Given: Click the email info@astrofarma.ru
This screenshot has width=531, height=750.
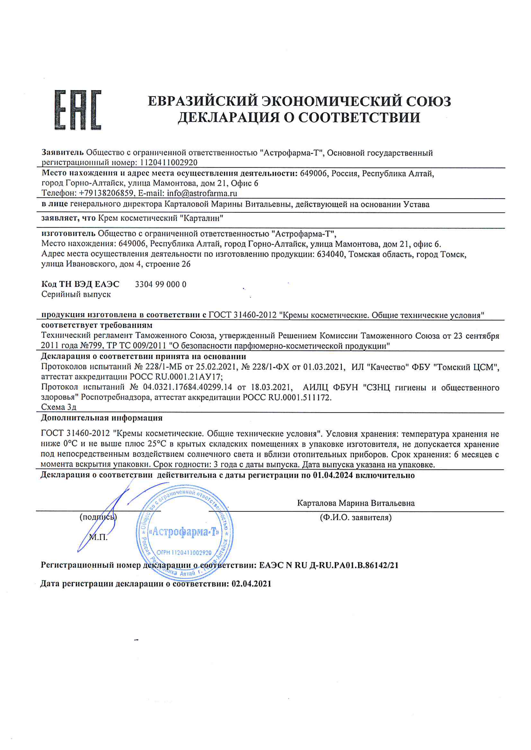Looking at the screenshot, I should [x=202, y=193].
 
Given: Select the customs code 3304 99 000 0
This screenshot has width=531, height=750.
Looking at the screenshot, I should [x=161, y=284].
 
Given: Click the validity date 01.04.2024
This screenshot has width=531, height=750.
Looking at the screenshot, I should [x=333, y=475].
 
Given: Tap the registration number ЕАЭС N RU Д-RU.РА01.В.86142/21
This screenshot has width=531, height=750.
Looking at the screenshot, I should [x=329, y=565].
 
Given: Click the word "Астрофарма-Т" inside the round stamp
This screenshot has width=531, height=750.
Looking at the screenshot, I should [x=184, y=532].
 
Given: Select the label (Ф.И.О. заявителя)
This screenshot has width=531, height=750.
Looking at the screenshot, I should [x=355, y=517].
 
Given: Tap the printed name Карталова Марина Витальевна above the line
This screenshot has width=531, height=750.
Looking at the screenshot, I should [x=356, y=503].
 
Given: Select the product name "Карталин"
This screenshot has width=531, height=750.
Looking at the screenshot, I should [x=202, y=218].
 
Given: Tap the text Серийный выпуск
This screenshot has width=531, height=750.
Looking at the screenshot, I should [x=76, y=294].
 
